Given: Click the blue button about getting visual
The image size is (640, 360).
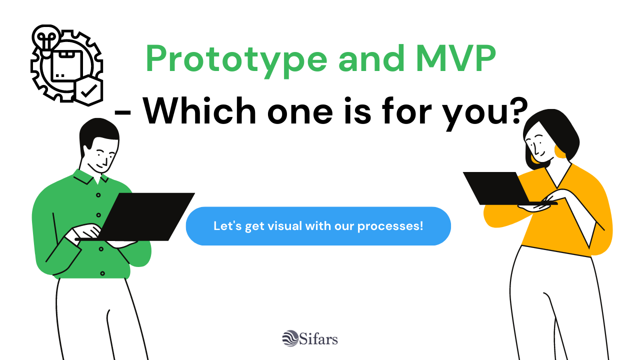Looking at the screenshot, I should click(318, 226).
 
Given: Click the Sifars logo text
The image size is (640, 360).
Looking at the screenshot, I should click(319, 339).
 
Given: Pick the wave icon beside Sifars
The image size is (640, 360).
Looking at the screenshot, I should click(290, 338).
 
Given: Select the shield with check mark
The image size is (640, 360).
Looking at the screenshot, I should click(88, 91).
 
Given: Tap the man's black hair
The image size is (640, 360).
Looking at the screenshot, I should click(97, 131).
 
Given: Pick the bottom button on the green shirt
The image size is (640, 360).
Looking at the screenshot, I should click(102, 273).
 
